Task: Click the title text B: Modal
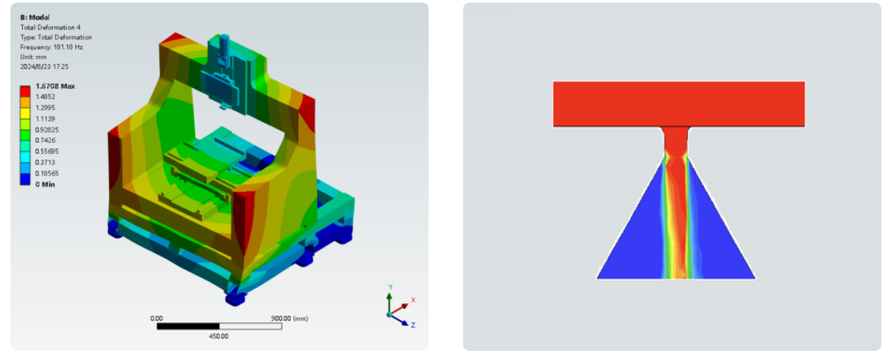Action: pyautogui.click(x=35, y=17)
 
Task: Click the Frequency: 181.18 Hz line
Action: pyautogui.click(x=52, y=47)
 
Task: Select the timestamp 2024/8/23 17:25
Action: pyautogui.click(x=44, y=67)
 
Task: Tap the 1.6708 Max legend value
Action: pyautogui.click(x=55, y=86)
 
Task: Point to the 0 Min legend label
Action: pyautogui.click(x=45, y=184)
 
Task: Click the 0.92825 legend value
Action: pyautogui.click(x=47, y=129)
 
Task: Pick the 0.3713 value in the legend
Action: pyautogui.click(x=45, y=162)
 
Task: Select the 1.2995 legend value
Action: pyautogui.click(x=45, y=108)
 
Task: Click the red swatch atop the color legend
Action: pyautogui.click(x=25, y=91)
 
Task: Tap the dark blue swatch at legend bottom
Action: pyautogui.click(x=25, y=179)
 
